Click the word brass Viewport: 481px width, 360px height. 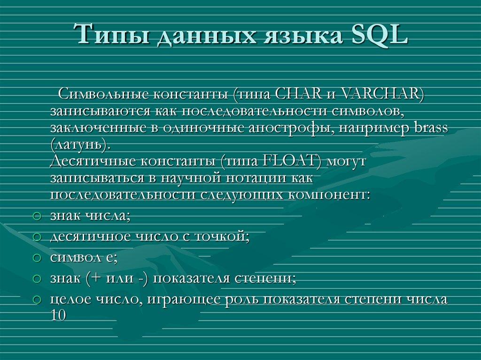coord(430,128)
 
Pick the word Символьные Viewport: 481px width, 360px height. coord(102,94)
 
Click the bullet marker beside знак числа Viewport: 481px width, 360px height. coord(38,216)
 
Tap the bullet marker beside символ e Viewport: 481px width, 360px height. coord(38,258)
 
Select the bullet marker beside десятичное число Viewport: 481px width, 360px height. coord(38,237)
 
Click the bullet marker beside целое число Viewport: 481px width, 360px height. coord(38,299)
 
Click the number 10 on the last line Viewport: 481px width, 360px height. coord(58,316)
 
